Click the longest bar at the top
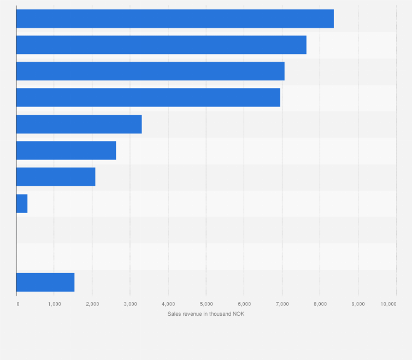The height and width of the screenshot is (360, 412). pyautogui.click(x=175, y=19)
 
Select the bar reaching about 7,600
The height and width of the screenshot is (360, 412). pyautogui.click(x=161, y=45)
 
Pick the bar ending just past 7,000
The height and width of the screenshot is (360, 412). pyautogui.click(x=150, y=71)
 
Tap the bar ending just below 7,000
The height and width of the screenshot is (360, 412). pyautogui.click(x=148, y=97)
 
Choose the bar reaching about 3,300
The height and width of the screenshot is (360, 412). pyautogui.click(x=79, y=124)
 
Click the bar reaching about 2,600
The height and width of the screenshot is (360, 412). pyautogui.click(x=66, y=150)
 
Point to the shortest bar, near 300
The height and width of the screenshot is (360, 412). pyautogui.click(x=22, y=203)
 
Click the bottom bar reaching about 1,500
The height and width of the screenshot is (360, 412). pyautogui.click(x=45, y=282)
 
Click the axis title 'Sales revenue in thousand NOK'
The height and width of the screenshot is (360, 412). pyautogui.click(x=206, y=313)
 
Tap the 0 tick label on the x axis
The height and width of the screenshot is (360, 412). pyautogui.click(x=17, y=303)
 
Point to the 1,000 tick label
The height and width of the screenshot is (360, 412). pyautogui.click(x=54, y=303)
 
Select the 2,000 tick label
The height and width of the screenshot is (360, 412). pyautogui.click(x=92, y=303)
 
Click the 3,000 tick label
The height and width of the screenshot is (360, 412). pyautogui.click(x=130, y=303)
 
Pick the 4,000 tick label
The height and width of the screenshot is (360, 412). pyautogui.click(x=168, y=303)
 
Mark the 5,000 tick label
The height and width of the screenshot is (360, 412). pyautogui.click(x=206, y=303)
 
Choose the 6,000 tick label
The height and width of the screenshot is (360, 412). pyautogui.click(x=244, y=303)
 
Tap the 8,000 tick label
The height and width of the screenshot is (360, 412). pyautogui.click(x=320, y=303)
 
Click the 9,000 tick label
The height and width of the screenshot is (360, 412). pyautogui.click(x=358, y=303)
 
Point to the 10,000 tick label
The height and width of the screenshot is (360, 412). pyautogui.click(x=389, y=303)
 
